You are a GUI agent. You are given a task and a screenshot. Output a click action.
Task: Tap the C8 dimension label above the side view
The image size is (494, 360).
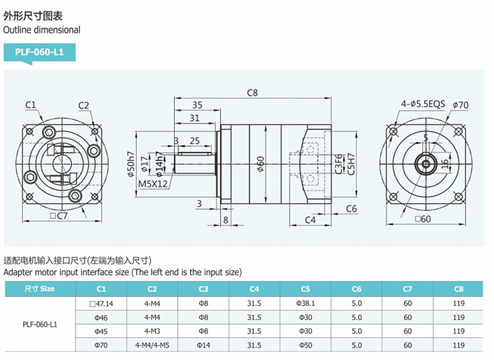pyautogui.click(x=252, y=93)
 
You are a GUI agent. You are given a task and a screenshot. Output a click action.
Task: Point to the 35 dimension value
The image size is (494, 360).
pyautogui.click(x=197, y=105)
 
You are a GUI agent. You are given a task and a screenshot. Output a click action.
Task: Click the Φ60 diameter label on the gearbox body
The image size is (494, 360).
pyautogui.click(x=260, y=164)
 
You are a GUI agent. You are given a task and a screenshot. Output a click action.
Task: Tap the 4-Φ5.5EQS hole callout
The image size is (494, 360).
pyautogui.click(x=422, y=105)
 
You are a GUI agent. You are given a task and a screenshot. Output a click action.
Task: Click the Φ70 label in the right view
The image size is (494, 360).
pyautogui.click(x=460, y=105)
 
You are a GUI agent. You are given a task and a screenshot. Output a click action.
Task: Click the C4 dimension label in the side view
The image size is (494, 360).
pyautogui.click(x=310, y=219)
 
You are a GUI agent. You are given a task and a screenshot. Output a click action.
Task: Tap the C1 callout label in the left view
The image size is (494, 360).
pyautogui.click(x=30, y=104)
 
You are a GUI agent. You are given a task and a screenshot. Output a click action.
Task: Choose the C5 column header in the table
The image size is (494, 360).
pyautogui.click(x=306, y=288)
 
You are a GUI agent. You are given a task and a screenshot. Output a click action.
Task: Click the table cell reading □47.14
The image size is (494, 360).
pyautogui.click(x=101, y=303)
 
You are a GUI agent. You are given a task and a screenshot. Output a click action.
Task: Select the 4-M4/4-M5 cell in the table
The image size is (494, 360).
pyautogui.click(x=152, y=346)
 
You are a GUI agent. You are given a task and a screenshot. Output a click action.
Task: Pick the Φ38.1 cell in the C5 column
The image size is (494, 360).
pyautogui.click(x=306, y=303)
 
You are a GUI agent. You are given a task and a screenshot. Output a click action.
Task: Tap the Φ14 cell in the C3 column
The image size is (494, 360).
pyautogui.click(x=203, y=346)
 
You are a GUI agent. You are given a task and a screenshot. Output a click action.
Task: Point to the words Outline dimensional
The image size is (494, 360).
pyautogui.click(x=42, y=29)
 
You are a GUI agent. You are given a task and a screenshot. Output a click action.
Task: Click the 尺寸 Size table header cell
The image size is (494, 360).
pyautogui.click(x=40, y=288)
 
